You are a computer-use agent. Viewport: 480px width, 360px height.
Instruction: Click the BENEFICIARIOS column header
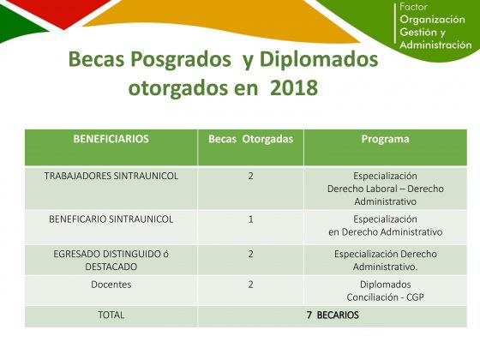click(111, 139)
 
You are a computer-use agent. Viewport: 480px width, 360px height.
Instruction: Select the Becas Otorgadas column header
click(250, 139)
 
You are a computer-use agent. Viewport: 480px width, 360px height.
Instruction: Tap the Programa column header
click(385, 139)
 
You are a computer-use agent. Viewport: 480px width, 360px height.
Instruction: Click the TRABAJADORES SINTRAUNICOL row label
click(111, 176)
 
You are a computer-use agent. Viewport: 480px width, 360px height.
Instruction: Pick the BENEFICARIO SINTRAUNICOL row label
click(111, 219)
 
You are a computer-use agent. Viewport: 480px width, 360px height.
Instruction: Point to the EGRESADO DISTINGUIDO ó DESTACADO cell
click(111, 261)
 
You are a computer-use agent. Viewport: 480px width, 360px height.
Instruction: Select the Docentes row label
click(111, 285)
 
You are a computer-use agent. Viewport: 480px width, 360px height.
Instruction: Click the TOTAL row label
click(111, 315)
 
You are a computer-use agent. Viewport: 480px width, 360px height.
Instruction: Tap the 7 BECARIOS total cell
click(333, 315)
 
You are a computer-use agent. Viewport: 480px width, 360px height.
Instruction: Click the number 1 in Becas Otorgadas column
click(250, 219)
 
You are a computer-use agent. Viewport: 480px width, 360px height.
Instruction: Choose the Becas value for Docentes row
click(250, 285)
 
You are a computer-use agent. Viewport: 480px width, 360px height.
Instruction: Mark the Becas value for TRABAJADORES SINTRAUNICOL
click(250, 176)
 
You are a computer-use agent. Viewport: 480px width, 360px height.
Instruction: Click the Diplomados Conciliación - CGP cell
click(385, 291)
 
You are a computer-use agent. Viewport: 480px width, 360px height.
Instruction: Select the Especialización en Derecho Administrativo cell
click(385, 225)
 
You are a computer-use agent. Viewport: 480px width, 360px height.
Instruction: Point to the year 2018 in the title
click(294, 87)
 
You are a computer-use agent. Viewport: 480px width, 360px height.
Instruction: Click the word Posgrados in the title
click(181, 59)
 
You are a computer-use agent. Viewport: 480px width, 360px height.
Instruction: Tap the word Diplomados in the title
click(319, 59)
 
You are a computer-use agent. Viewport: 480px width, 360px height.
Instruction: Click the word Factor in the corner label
click(413, 7)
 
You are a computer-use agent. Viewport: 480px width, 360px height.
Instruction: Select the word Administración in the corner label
click(435, 45)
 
